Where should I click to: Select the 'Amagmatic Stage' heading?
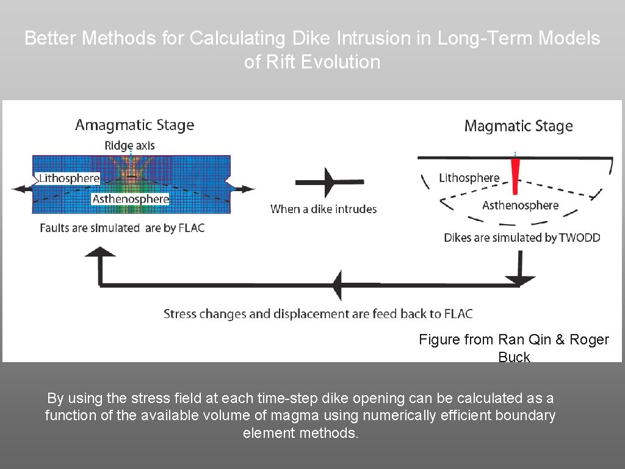134,125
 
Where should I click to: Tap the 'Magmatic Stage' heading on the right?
518,126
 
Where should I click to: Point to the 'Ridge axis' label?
129,145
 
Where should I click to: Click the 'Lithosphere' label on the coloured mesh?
69,178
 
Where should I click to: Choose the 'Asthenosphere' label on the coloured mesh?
131,199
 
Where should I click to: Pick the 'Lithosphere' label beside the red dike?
469,178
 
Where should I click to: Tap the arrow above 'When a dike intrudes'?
330,181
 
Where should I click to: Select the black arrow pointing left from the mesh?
23,189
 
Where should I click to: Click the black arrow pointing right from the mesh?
244,189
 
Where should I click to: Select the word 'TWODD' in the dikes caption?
580,238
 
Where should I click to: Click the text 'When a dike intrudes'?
323,209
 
